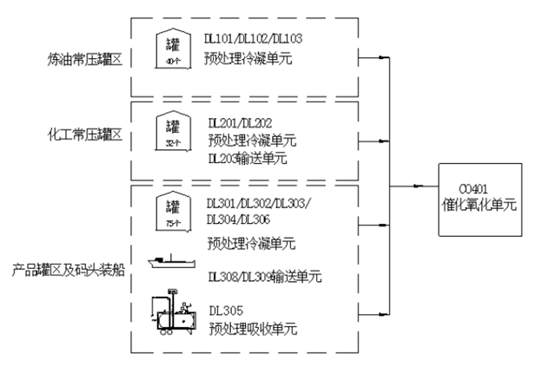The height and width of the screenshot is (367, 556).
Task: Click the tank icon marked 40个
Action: (172, 48)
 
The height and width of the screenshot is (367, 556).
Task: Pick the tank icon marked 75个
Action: (172, 211)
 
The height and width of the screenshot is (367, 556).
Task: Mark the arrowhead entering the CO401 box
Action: (420, 185)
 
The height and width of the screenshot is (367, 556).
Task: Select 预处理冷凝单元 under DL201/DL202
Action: (251, 140)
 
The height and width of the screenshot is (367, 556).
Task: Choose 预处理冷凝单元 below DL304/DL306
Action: (251, 242)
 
